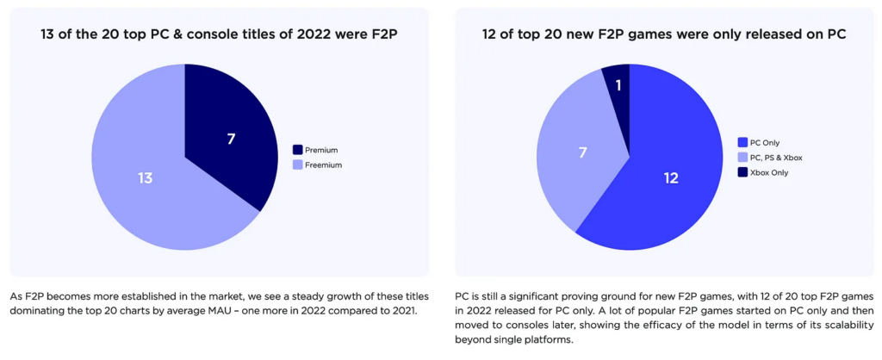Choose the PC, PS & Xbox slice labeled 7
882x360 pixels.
click(x=581, y=152)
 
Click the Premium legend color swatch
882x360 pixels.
click(x=298, y=149)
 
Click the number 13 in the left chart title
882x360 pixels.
click(x=50, y=34)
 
